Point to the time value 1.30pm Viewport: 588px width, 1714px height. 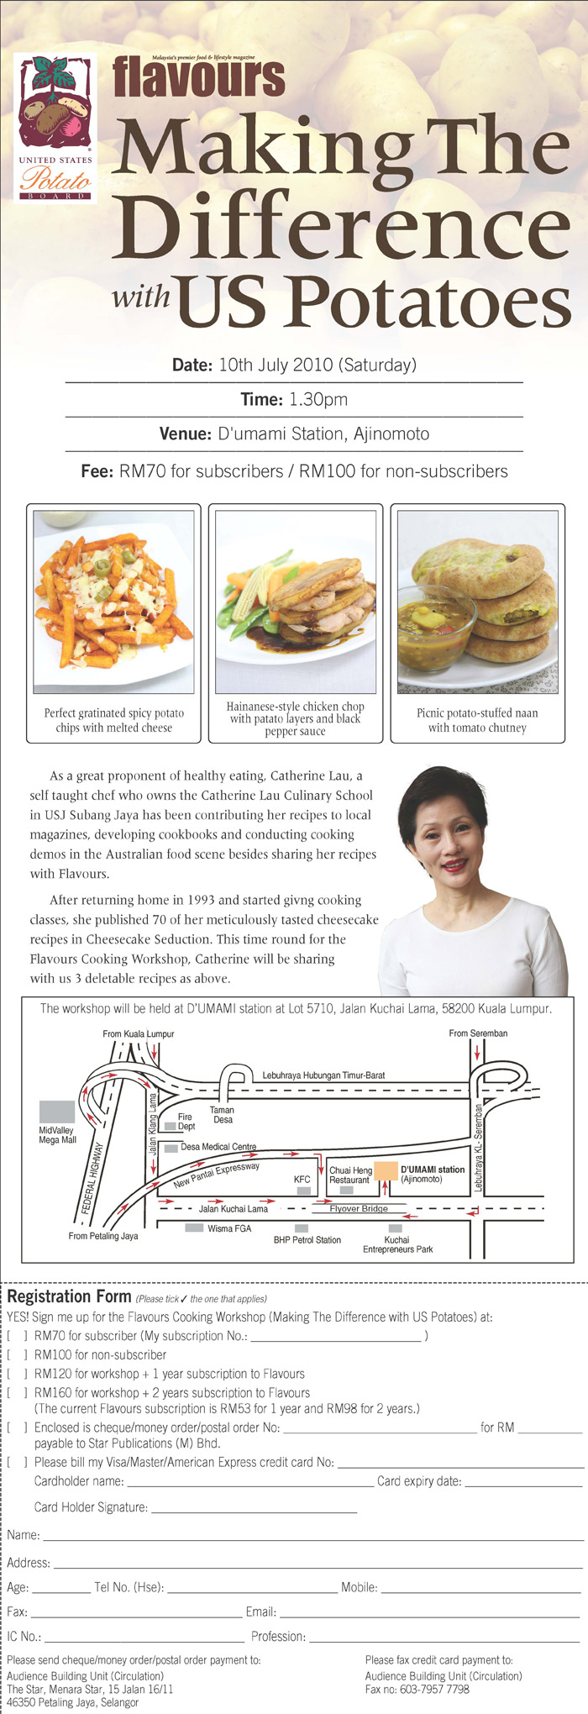click(x=318, y=400)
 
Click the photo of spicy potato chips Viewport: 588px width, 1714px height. click(x=113, y=602)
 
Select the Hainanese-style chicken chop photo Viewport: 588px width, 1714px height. click(x=296, y=602)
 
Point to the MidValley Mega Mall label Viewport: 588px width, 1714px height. click(x=57, y=1135)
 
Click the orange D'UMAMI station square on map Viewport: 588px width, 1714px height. click(x=386, y=1170)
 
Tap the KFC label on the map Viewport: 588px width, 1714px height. click(x=302, y=1180)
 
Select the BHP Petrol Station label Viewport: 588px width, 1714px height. click(x=307, y=1239)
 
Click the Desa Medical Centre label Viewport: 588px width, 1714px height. click(x=218, y=1147)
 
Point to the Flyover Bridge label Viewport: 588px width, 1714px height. click(x=359, y=1208)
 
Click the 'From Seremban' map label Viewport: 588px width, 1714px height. click(x=478, y=1033)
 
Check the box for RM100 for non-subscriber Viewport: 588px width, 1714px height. click(x=18, y=1354)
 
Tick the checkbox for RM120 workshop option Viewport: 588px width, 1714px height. click(x=18, y=1374)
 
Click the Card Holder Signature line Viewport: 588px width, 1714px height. click(x=254, y=1512)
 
